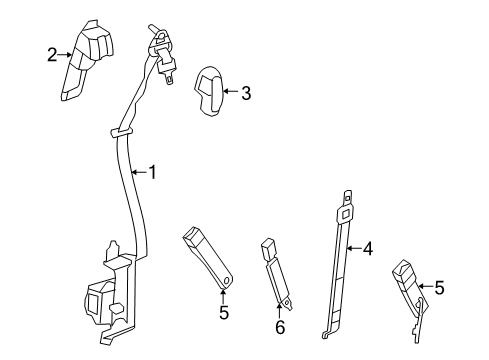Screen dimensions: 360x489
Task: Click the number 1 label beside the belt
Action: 153,172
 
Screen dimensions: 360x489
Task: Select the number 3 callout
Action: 245,94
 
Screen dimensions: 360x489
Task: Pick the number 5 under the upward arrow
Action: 223,313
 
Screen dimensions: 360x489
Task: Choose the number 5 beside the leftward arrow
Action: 466,289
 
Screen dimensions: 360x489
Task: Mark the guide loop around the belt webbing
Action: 120,130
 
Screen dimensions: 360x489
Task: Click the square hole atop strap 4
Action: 347,211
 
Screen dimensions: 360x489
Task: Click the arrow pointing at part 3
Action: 230,94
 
